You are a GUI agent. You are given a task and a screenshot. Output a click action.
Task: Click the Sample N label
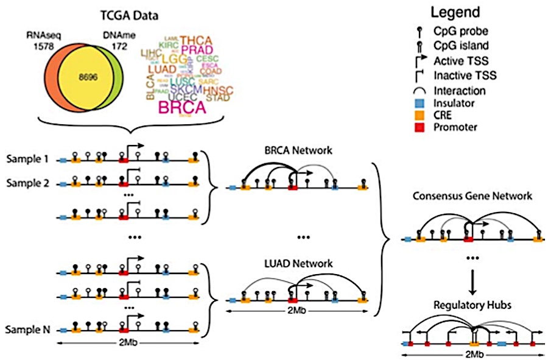28,331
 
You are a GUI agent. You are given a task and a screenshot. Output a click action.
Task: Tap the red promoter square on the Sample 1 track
124,161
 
